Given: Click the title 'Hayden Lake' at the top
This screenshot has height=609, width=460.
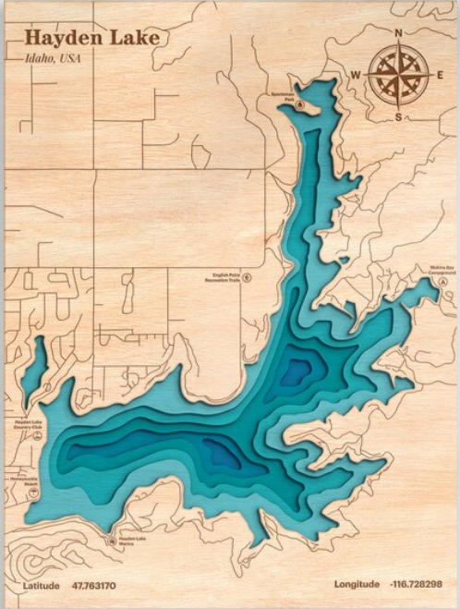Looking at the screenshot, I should tap(91, 38).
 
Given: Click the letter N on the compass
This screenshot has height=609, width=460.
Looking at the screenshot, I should tap(399, 33).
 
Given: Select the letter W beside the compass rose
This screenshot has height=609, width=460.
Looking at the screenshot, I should tap(356, 75).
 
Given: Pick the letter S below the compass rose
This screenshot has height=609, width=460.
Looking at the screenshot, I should tap(399, 117).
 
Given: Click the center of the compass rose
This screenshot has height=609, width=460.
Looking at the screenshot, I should tap(399, 75).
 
